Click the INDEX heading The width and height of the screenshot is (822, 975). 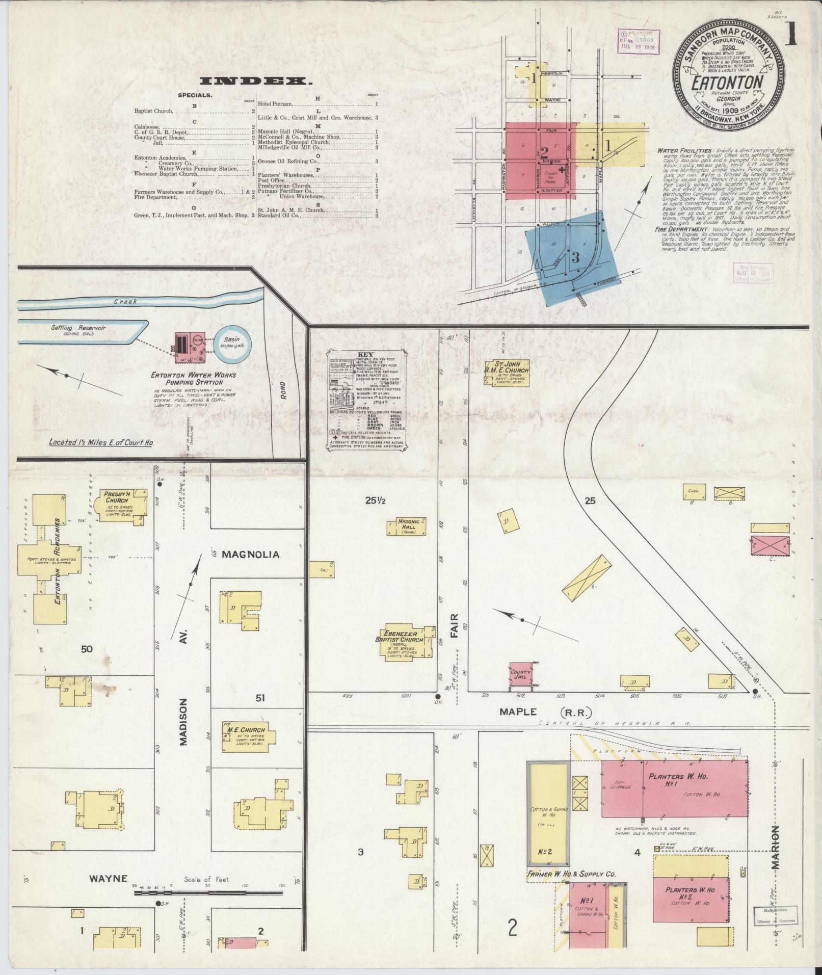pyautogui.click(x=256, y=82)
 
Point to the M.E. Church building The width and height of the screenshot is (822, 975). pyautogui.click(x=248, y=735)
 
